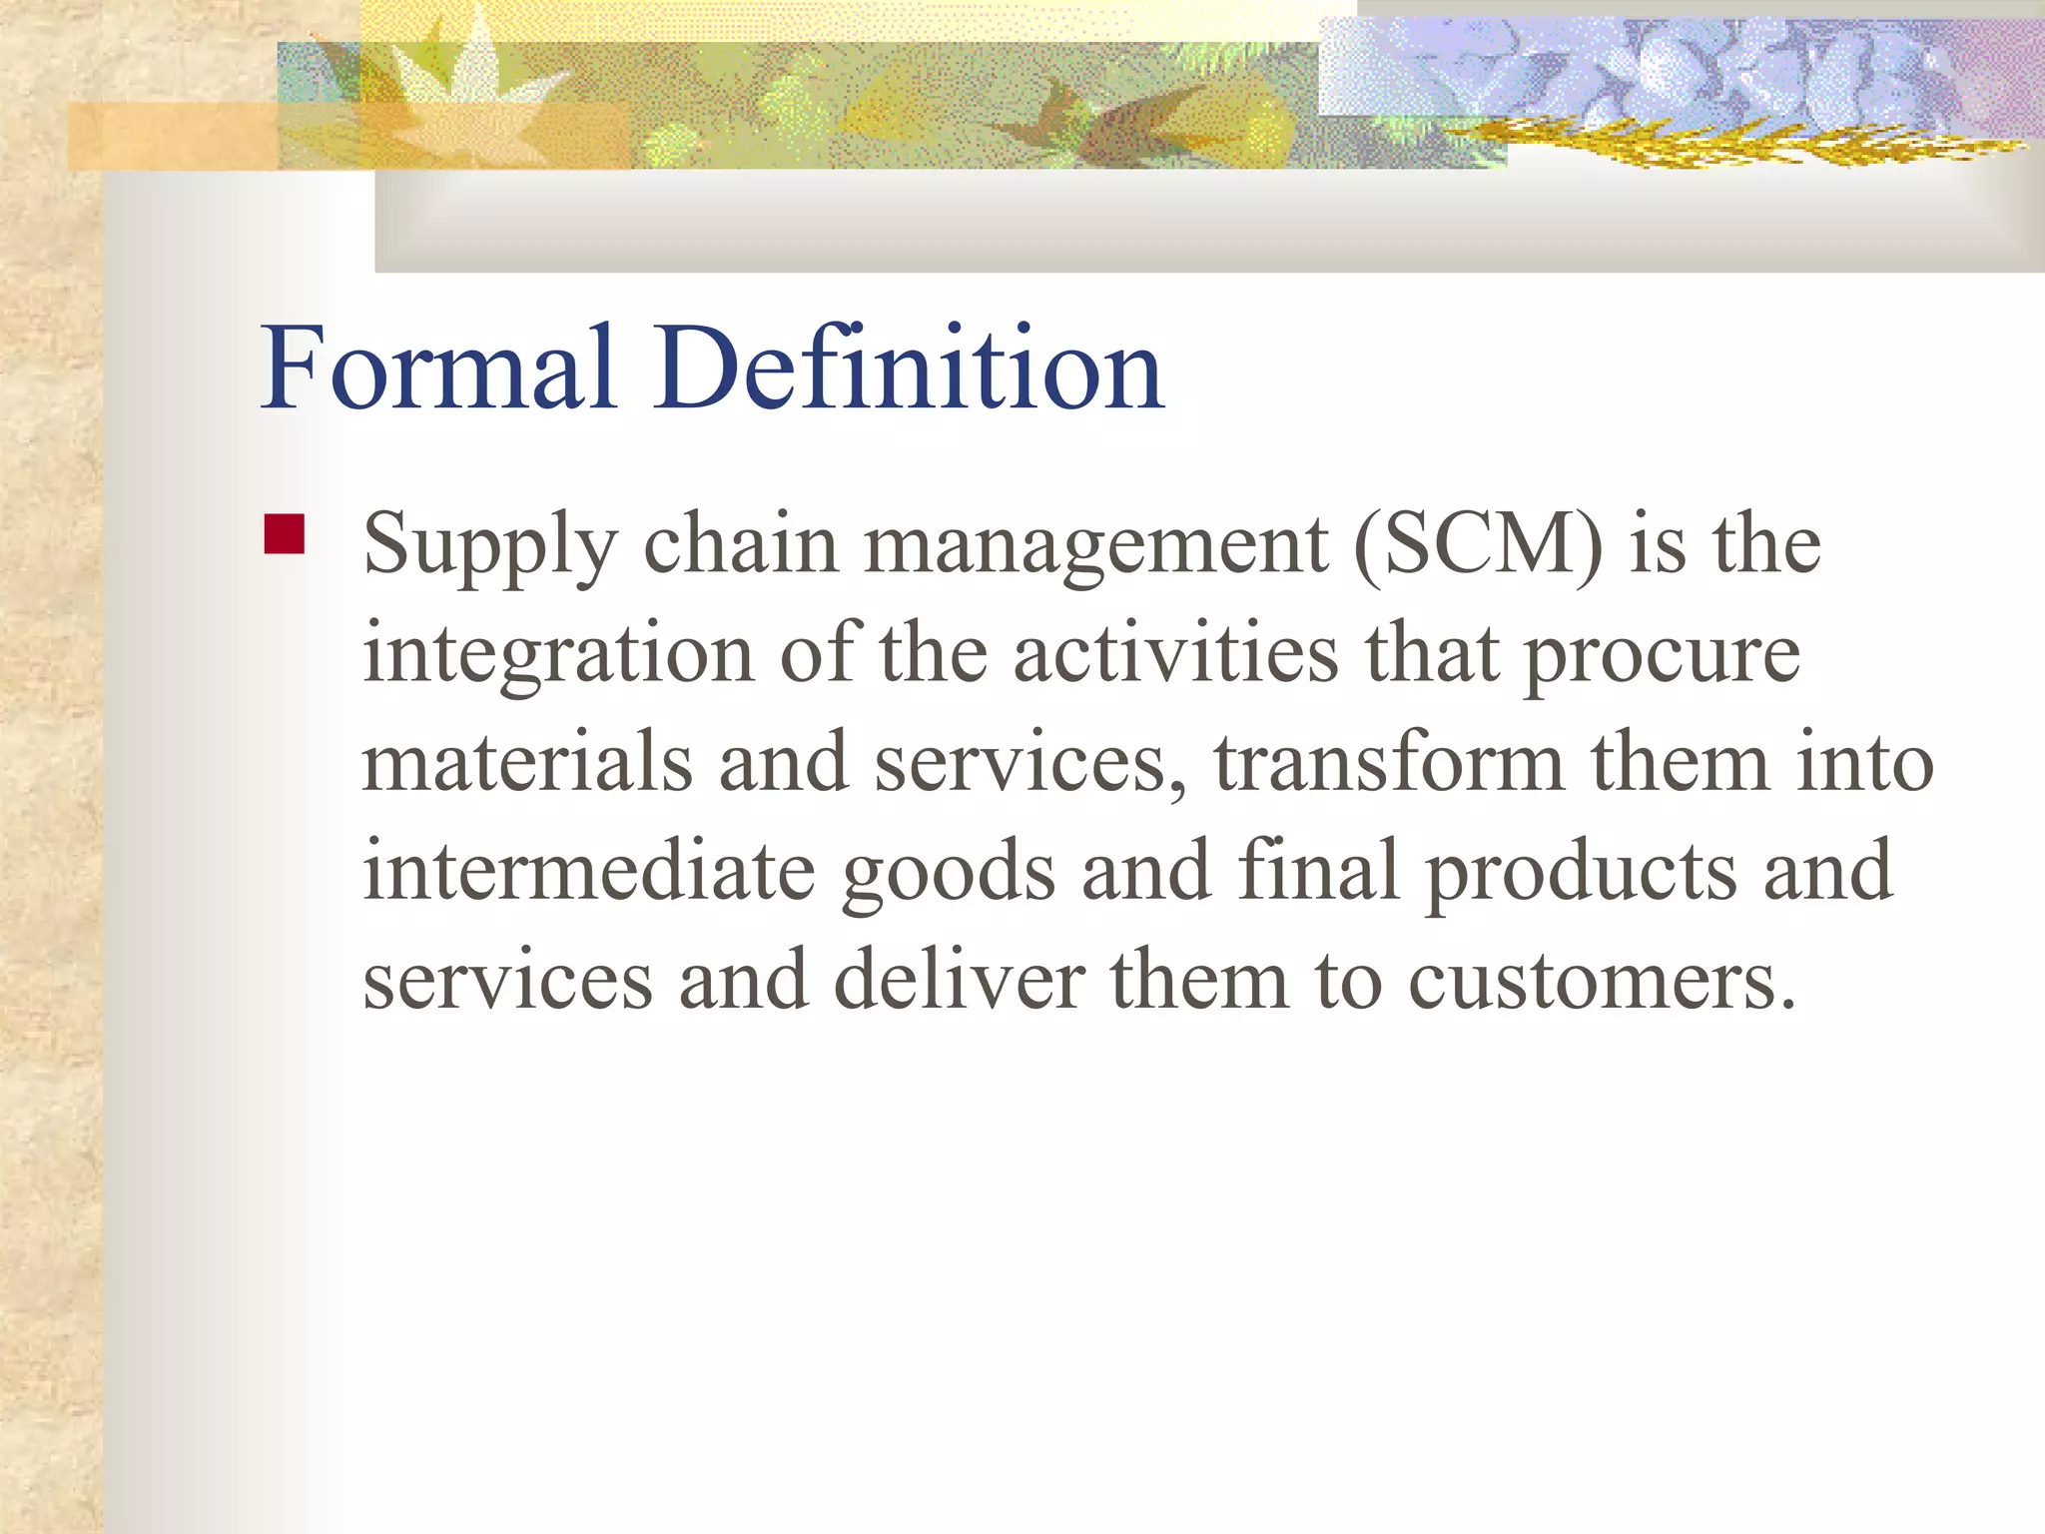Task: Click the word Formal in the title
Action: (x=436, y=368)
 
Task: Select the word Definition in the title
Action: (x=909, y=368)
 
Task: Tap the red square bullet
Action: (x=285, y=533)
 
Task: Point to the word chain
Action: (x=740, y=545)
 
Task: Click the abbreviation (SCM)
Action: (x=1478, y=545)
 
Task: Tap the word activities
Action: (x=1175, y=654)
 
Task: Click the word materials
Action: (x=527, y=763)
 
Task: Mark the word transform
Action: (x=1389, y=763)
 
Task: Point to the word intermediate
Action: (x=589, y=871)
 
